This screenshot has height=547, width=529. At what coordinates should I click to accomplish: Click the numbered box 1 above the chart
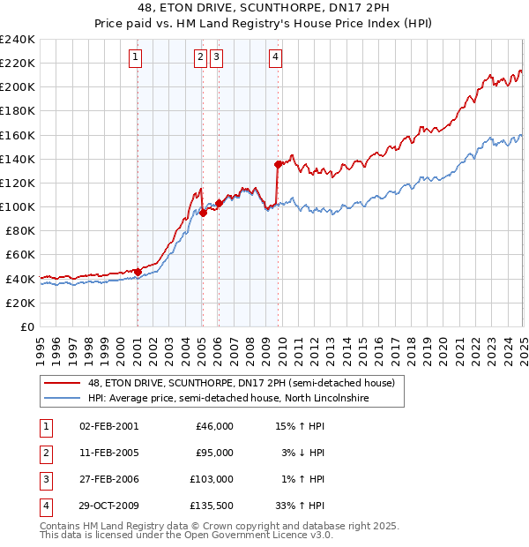pyautogui.click(x=137, y=58)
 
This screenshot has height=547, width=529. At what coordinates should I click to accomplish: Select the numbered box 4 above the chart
pyautogui.click(x=276, y=58)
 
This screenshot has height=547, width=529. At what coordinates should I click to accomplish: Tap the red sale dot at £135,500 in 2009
pyautogui.click(x=278, y=164)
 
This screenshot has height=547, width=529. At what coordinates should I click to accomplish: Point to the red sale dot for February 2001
pyautogui.click(x=138, y=272)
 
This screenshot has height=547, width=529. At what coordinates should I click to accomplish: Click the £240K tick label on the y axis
pyautogui.click(x=17, y=40)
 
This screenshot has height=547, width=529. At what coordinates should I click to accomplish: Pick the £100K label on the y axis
pyautogui.click(x=17, y=206)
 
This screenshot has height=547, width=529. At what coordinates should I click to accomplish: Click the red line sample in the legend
pyautogui.click(x=61, y=383)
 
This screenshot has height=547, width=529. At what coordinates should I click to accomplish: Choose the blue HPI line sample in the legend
pyautogui.click(x=61, y=399)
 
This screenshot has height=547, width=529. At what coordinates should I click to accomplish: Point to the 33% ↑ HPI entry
pyautogui.click(x=299, y=506)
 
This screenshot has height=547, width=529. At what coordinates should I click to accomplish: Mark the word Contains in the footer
pyautogui.click(x=60, y=526)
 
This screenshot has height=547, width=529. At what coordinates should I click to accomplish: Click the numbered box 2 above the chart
pyautogui.click(x=201, y=58)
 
